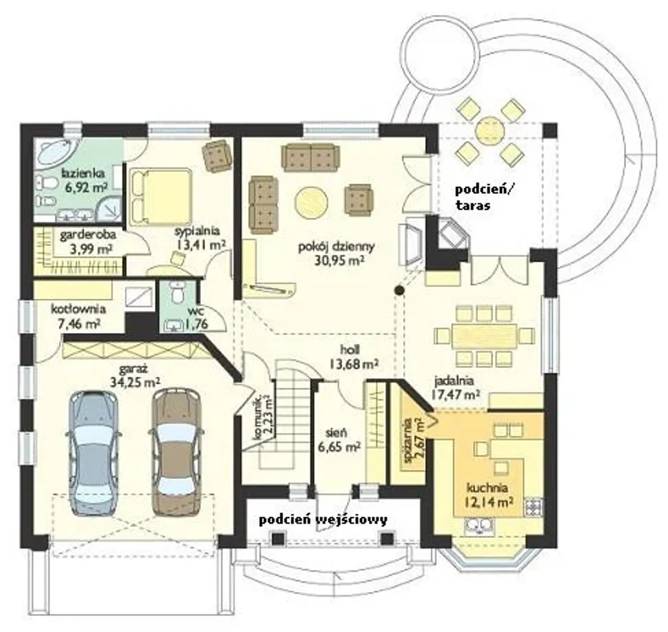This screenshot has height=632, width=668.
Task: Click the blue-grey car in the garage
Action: tap(93, 453)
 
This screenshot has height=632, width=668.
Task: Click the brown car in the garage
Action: tap(176, 453)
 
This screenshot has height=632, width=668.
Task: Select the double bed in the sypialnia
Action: tap(160, 196)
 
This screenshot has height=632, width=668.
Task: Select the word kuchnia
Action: tap(487, 488)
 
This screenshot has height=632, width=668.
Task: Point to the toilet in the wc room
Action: tap(177, 293)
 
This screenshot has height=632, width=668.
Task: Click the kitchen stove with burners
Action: tap(534, 507)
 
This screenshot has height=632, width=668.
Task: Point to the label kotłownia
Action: tap(78, 309)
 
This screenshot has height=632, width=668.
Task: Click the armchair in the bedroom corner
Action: tap(218, 156)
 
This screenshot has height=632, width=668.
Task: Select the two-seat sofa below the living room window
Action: tap(311, 157)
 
